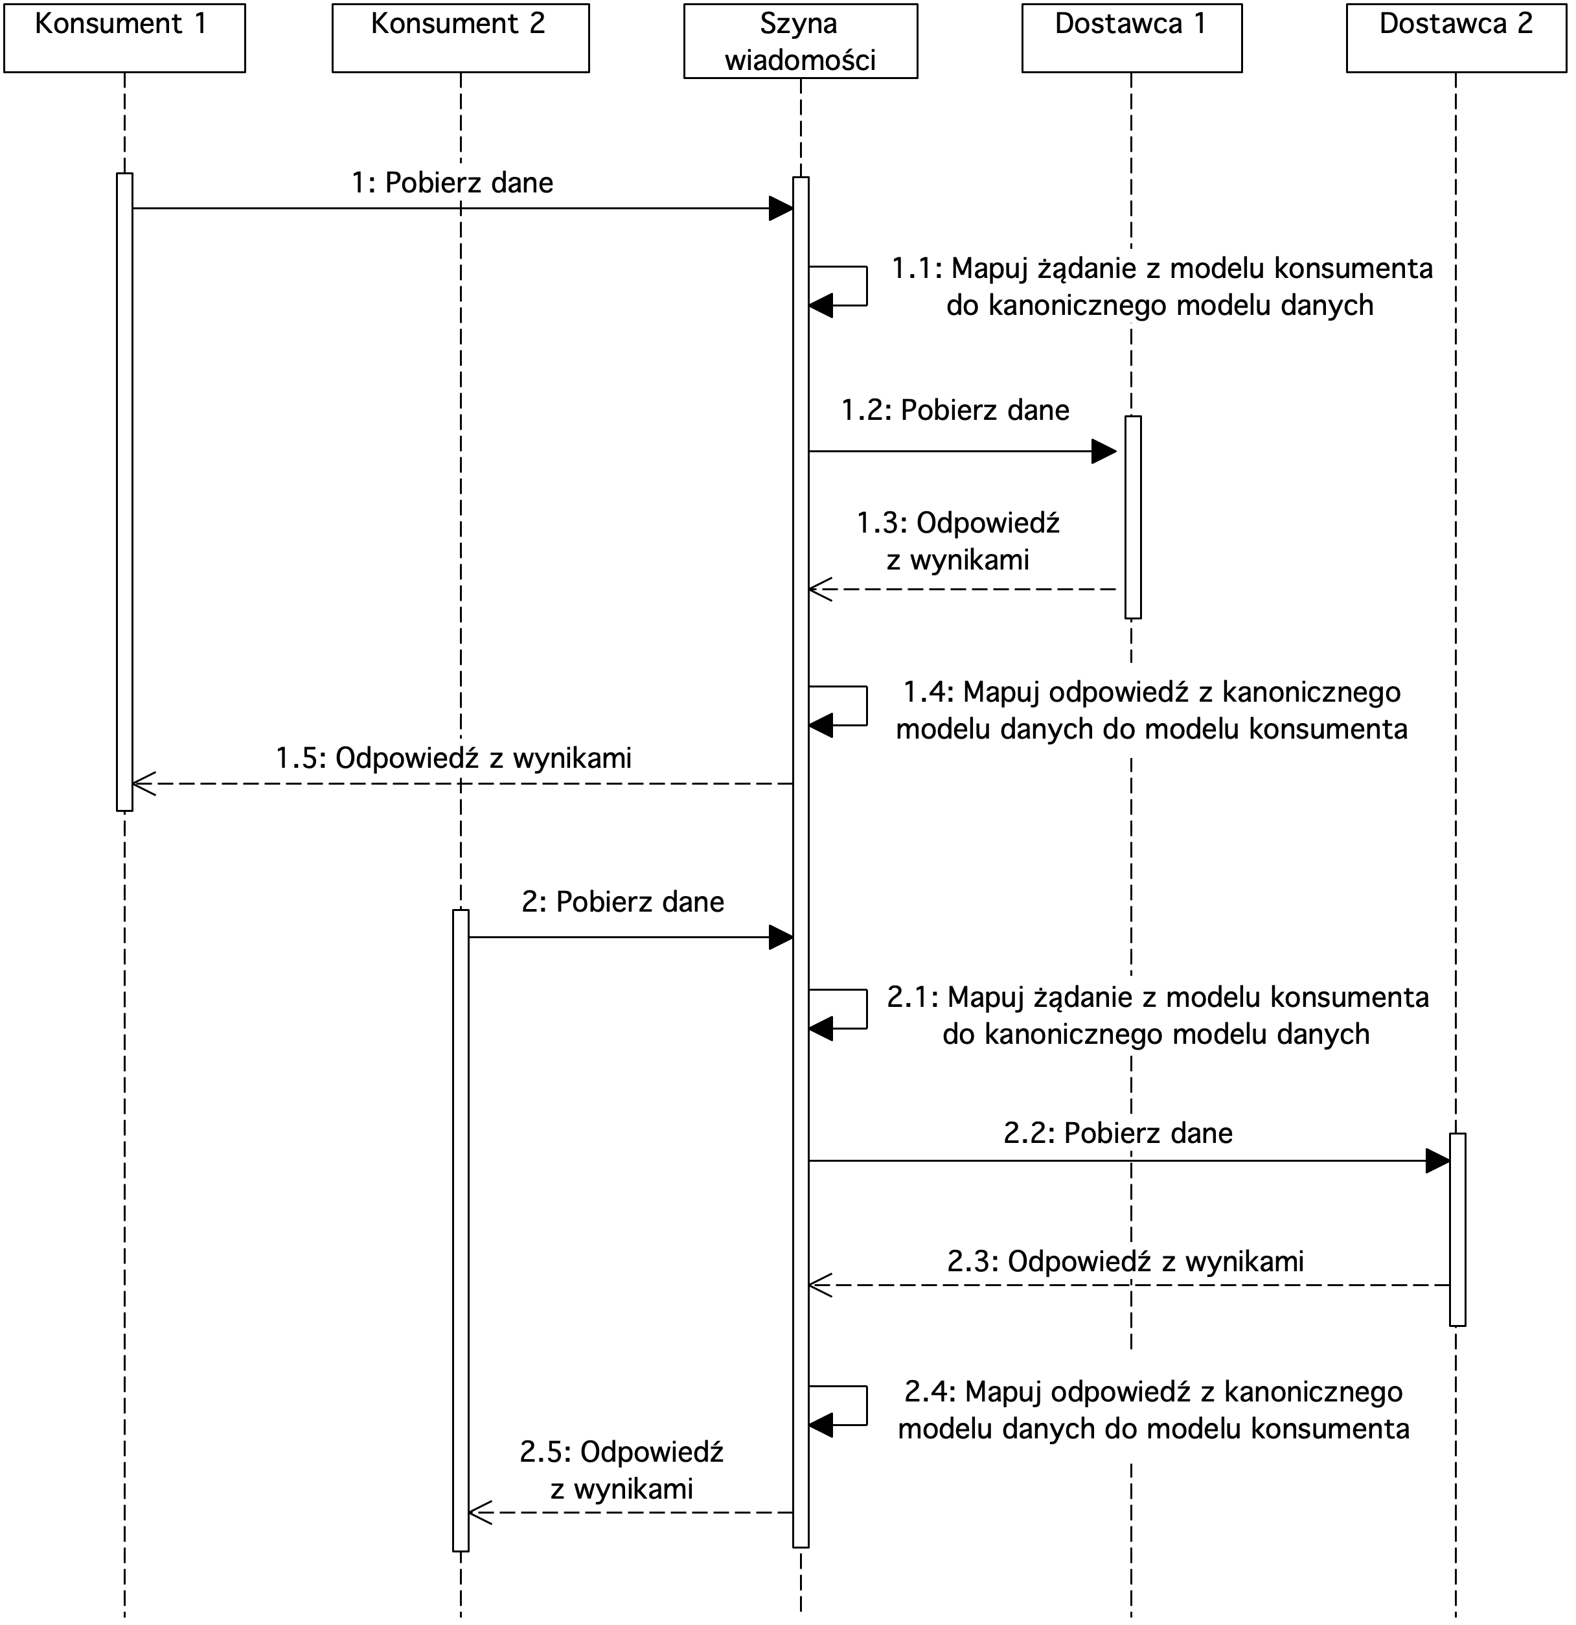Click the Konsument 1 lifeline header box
(124, 38)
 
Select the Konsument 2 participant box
(461, 38)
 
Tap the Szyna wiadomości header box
(801, 41)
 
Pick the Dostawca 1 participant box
(1132, 38)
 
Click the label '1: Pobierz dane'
(453, 183)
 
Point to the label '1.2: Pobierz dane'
(955, 410)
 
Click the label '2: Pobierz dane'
(622, 901)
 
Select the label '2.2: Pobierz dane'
(1119, 1133)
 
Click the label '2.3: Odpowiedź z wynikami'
(1126, 1261)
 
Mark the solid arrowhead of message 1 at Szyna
(781, 209)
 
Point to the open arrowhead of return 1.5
(143, 783)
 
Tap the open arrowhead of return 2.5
(480, 1512)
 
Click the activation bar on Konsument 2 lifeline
(461, 1230)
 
